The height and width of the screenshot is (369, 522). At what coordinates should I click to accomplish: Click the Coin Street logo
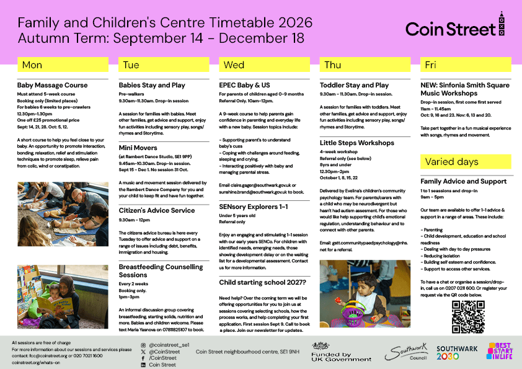coord(455,25)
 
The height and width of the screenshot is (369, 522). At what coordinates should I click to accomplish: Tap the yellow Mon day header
coord(63,64)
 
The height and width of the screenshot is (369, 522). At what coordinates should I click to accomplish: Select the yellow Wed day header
coord(264,64)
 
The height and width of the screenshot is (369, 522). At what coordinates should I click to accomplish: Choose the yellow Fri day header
coord(466,64)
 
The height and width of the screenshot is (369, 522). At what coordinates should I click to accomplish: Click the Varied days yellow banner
coord(466,161)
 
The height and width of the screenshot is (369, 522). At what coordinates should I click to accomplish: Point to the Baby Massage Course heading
coord(52,85)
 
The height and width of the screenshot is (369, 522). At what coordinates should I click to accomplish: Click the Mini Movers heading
coord(138,148)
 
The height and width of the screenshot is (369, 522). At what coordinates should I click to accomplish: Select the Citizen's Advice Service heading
coord(157,210)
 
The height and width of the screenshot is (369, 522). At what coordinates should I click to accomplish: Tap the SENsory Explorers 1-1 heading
coord(254,207)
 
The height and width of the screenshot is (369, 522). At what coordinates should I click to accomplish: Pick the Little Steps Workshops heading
coord(357,143)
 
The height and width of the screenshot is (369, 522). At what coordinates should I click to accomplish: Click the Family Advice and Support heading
coord(463,182)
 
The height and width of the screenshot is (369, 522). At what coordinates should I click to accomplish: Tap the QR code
coord(468,317)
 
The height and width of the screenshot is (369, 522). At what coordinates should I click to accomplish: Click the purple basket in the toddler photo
coord(353,314)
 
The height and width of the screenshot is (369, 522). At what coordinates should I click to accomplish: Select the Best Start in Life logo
coord(500,351)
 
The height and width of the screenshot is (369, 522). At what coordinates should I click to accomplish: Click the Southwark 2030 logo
coord(457,353)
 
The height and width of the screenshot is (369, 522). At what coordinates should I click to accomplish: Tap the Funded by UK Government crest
coord(321,345)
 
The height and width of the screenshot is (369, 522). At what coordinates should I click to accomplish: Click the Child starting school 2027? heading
coord(262,282)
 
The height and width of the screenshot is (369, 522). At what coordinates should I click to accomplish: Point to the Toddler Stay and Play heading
coord(354,85)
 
